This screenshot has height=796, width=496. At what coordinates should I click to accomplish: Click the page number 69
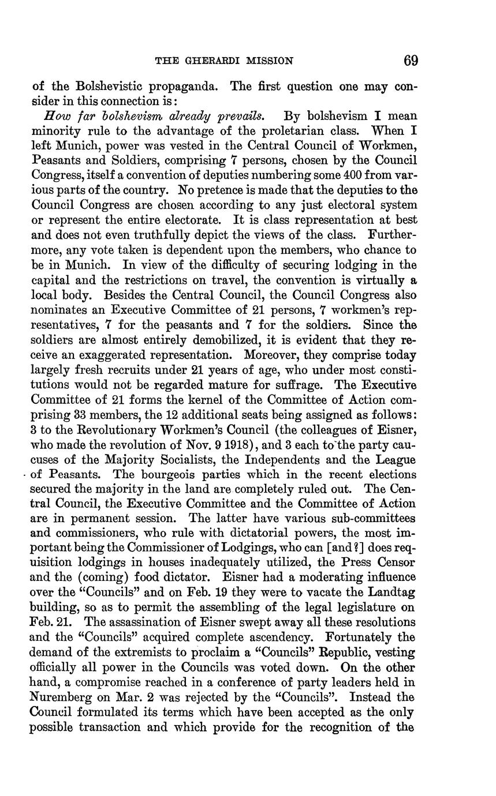pyautogui.click(x=411, y=61)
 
